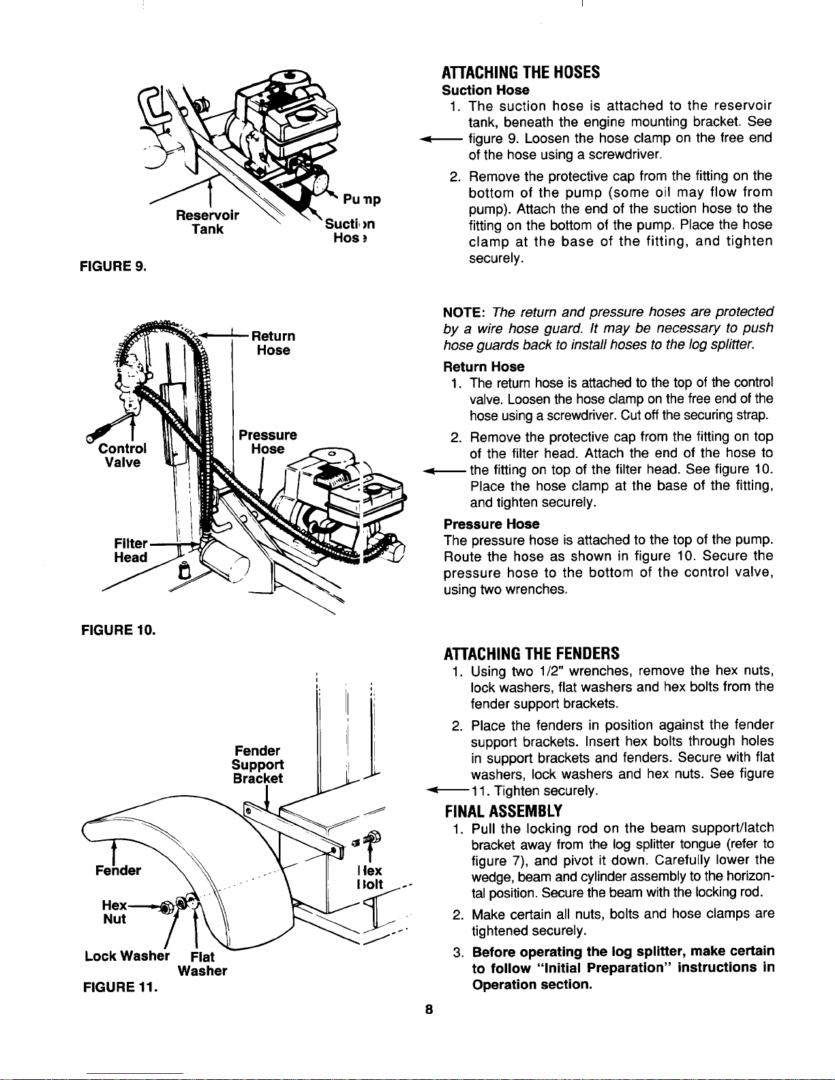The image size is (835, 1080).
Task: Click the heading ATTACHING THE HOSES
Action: click(521, 72)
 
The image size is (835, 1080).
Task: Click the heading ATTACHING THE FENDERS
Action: click(531, 654)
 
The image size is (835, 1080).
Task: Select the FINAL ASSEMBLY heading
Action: click(503, 811)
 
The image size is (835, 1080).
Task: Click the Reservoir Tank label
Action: click(207, 222)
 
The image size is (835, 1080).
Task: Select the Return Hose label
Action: click(273, 343)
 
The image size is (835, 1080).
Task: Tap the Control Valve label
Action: click(123, 455)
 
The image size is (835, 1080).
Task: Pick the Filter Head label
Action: click(130, 551)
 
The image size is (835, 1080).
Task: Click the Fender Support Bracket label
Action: click(257, 765)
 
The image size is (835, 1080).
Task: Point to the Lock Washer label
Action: click(127, 956)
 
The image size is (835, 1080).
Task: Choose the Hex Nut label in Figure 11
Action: click(114, 912)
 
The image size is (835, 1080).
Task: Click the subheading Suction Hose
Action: click(485, 90)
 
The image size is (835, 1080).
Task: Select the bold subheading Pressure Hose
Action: click(491, 524)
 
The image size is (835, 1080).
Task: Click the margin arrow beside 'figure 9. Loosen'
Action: click(442, 139)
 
